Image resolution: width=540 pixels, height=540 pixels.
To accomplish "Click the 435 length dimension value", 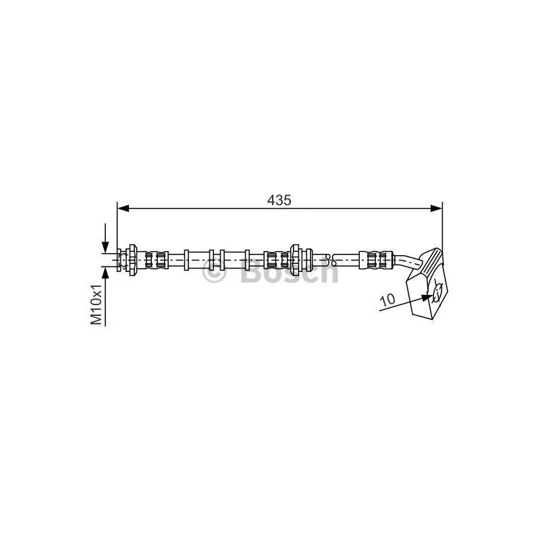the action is click(279, 200).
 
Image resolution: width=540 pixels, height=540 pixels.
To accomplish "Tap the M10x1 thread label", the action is click(96, 304).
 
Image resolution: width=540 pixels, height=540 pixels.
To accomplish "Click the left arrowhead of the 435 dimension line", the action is click(124, 208).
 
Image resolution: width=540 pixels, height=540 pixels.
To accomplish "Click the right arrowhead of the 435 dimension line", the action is click(436, 208).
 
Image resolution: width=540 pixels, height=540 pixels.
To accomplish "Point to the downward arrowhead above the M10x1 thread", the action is click(105, 247).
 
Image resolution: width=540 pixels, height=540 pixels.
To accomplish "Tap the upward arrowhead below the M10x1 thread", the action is click(105, 273).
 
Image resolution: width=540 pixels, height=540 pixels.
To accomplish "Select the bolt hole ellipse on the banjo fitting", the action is click(437, 292).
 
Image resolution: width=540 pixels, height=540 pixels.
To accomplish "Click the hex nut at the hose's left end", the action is click(132, 260).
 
